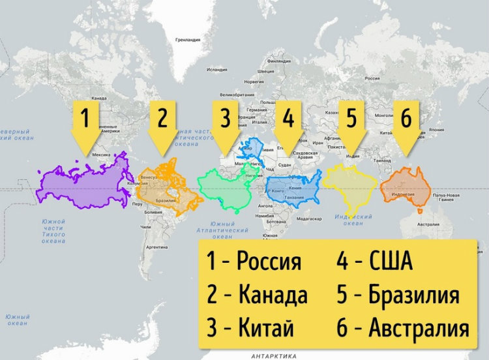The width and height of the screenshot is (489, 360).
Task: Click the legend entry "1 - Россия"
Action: click(x=254, y=262)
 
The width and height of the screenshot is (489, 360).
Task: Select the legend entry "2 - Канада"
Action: click(x=257, y=295)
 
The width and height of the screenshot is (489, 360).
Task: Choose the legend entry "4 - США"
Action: click(x=375, y=262)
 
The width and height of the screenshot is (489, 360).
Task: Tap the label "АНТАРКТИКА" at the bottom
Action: click(x=269, y=355)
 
